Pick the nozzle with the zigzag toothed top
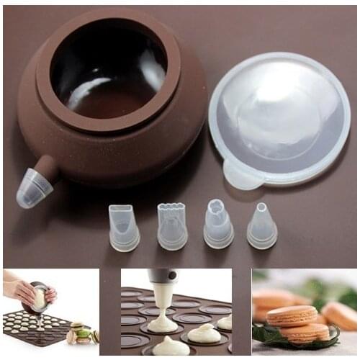click(171, 226)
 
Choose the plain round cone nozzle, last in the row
click(262, 226)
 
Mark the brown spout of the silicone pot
click(48, 167)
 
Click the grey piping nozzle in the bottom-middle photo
click(161, 276)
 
